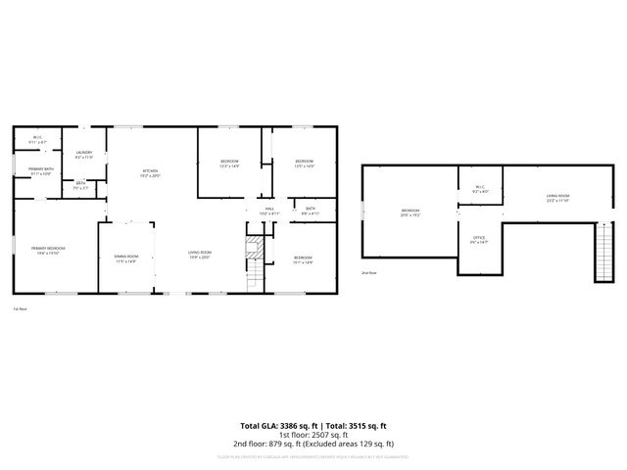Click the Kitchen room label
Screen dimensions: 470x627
[149, 173]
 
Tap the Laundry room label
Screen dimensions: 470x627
[84, 154]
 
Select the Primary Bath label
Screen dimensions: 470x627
[40, 172]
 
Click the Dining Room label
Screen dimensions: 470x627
[125, 259]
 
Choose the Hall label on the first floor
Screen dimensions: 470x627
[269, 211]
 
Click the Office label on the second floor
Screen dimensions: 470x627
[479, 239]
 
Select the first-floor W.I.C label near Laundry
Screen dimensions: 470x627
[37, 140]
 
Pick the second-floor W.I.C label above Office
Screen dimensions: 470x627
[480, 189]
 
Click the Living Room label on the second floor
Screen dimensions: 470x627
[557, 198]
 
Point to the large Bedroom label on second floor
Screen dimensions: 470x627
[410, 212]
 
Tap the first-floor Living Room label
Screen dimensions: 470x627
[200, 255]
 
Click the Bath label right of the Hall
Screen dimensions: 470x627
[310, 211]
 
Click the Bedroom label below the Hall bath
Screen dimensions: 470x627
[303, 259]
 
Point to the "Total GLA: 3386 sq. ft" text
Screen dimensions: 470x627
[274, 426]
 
